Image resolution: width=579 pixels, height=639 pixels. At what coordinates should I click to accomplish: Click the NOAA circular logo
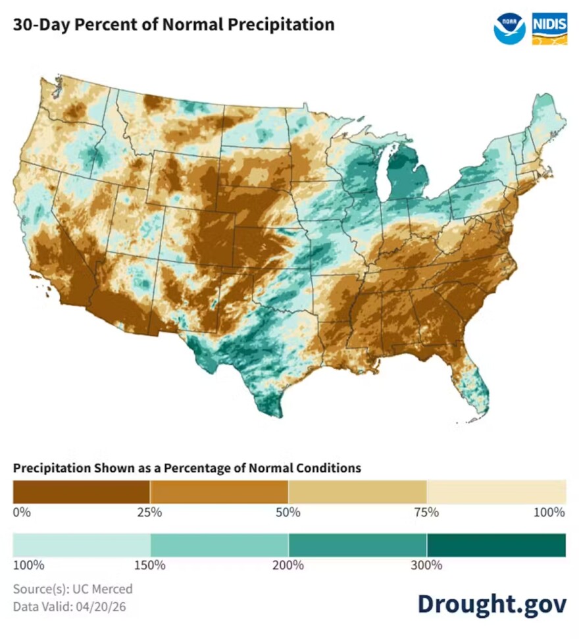point(509,28)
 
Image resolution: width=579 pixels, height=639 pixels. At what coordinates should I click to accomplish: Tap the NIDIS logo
point(548,28)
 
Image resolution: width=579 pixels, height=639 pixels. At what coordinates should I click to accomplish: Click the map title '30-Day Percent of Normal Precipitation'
point(174,25)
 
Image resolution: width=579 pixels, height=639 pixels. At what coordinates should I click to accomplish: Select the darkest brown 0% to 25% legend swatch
point(81,492)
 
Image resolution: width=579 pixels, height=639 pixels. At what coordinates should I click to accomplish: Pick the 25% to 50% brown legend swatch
point(219,492)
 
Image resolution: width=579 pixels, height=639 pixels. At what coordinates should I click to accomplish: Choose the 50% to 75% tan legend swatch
point(357,492)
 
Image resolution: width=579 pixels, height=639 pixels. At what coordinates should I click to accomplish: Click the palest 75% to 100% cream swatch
point(496,492)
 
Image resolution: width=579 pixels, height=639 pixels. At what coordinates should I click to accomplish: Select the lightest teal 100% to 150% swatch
point(81,545)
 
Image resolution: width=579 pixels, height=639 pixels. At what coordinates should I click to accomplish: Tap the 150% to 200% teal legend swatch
point(219,545)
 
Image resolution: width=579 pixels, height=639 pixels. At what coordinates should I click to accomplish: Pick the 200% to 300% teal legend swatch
point(357,545)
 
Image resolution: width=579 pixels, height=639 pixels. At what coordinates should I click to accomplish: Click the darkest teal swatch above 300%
point(496,545)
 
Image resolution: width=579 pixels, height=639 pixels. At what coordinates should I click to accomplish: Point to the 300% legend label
point(427,565)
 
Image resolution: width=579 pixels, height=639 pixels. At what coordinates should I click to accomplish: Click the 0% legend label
point(22,512)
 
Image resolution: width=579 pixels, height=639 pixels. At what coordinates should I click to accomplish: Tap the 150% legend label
point(151,565)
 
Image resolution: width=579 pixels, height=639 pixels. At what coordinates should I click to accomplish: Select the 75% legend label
point(427,512)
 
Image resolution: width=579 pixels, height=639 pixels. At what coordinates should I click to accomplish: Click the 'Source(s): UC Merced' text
point(72,588)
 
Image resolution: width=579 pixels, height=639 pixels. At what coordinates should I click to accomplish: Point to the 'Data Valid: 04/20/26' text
point(69,605)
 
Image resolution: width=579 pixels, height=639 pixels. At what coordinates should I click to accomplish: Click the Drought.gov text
point(491,603)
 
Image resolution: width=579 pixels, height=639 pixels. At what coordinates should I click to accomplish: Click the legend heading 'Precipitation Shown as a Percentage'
point(187,468)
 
